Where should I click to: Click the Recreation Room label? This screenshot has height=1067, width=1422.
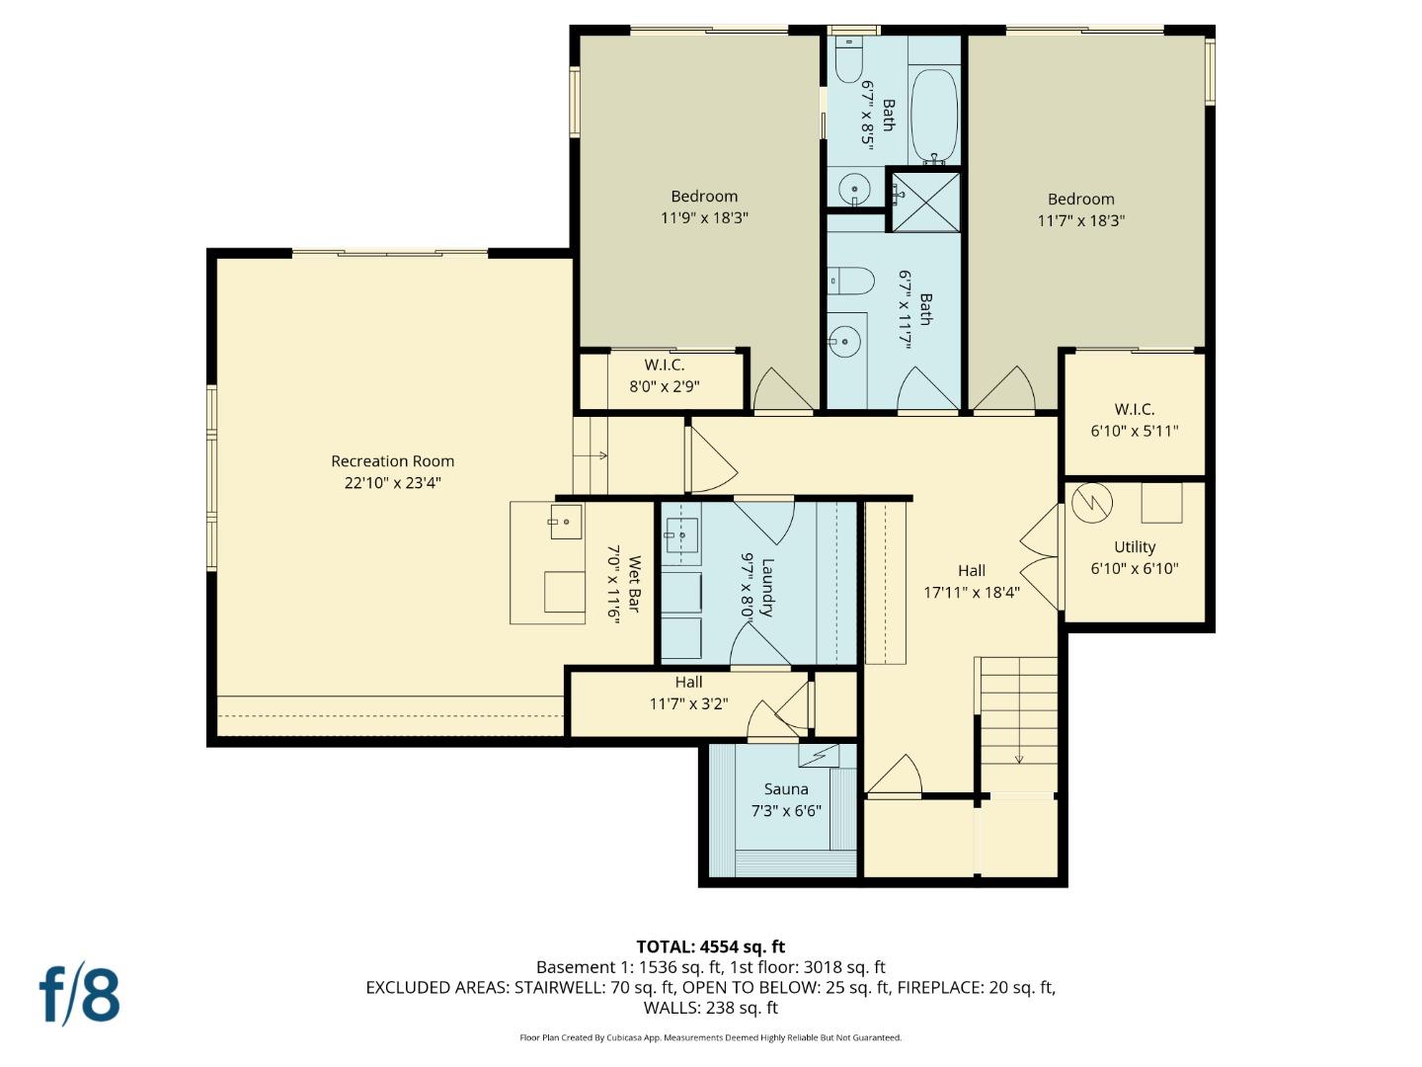tap(392, 461)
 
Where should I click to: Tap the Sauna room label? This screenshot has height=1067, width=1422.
tap(786, 789)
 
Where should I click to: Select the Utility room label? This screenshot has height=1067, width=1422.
tap(1135, 546)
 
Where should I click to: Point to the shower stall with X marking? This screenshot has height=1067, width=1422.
tap(926, 202)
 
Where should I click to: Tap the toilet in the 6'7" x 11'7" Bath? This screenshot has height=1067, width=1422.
tap(850, 281)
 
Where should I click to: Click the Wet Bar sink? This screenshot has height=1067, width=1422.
tap(566, 521)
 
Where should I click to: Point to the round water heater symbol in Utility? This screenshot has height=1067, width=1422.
tap(1092, 503)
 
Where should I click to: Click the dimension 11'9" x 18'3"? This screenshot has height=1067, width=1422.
tap(704, 218)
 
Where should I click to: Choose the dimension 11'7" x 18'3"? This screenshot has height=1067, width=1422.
tap(1080, 221)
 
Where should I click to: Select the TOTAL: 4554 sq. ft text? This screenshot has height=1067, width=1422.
tap(710, 946)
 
